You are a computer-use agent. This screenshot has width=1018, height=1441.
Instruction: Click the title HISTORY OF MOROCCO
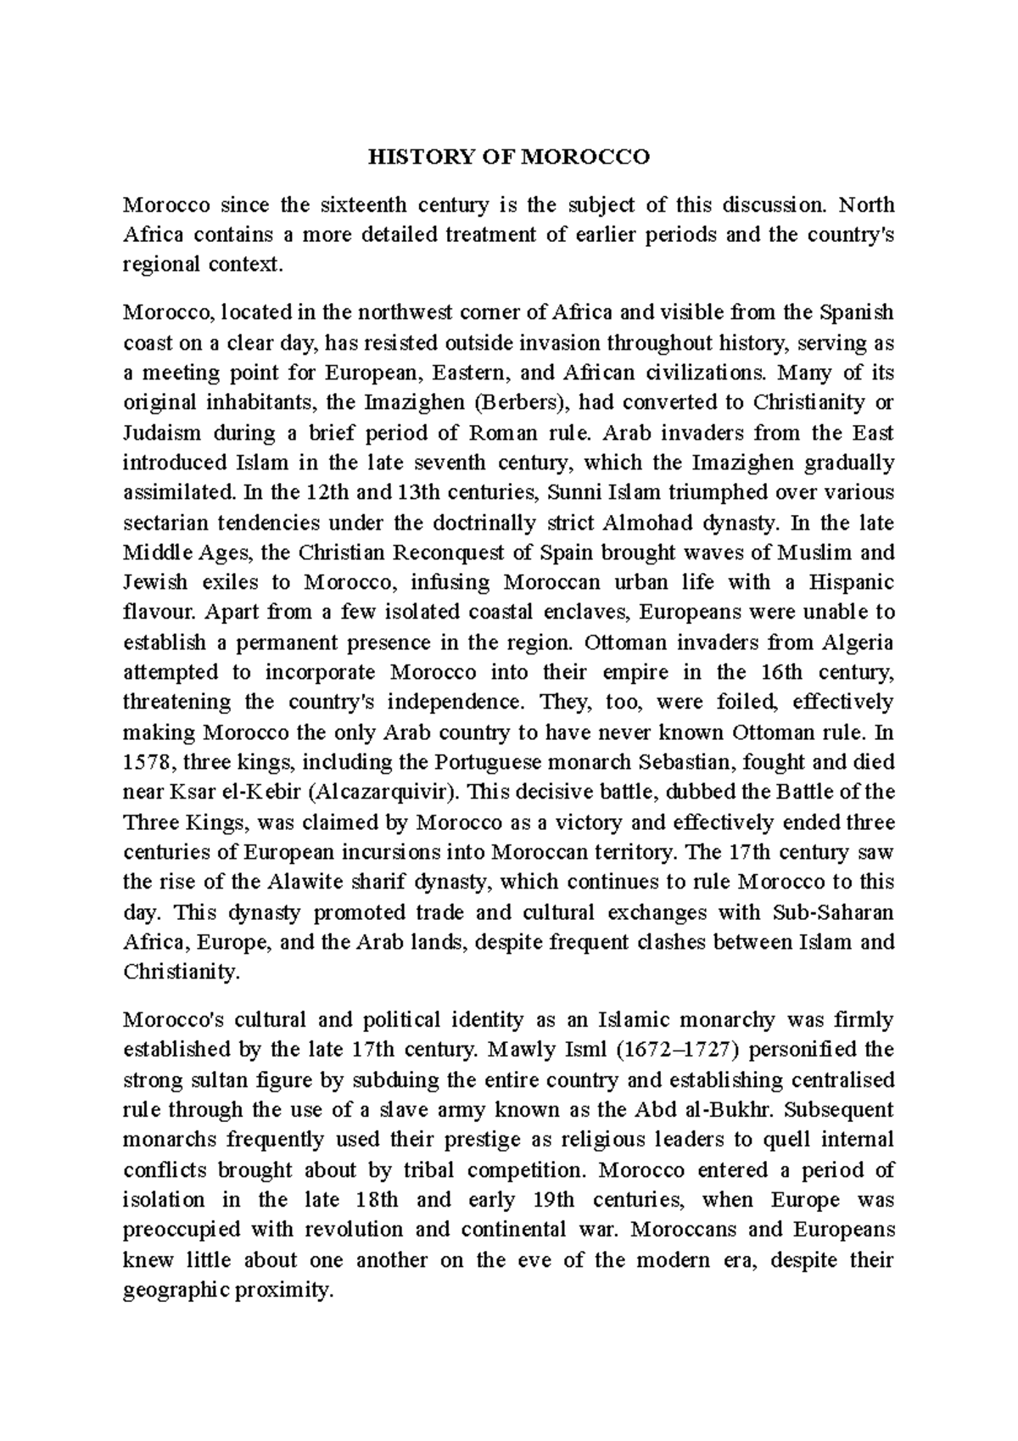click(508, 157)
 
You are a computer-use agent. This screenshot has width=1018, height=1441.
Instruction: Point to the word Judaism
click(162, 433)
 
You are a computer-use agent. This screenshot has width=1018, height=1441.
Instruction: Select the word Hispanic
click(852, 582)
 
